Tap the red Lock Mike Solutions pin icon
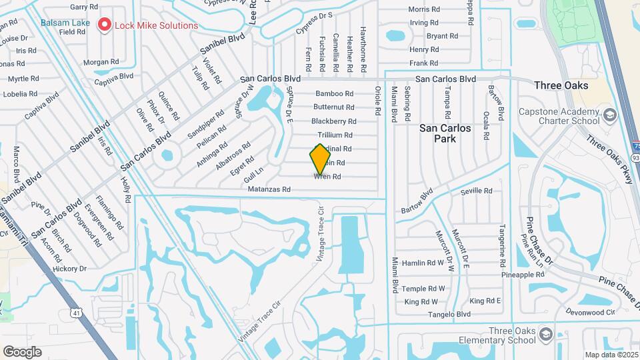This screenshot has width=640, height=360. (x=105, y=25)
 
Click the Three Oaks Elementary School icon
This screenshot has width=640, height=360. (x=545, y=333)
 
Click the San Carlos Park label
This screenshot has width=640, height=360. (x=445, y=133)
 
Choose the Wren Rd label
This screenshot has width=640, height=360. (x=327, y=177)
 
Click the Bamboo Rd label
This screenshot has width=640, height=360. (x=334, y=93)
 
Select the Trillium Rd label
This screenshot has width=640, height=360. (x=334, y=135)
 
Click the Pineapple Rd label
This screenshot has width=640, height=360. (x=523, y=275)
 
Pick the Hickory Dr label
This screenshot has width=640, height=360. (x=70, y=269)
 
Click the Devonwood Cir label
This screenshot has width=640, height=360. (x=590, y=312)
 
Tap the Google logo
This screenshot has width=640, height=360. (x=22, y=351)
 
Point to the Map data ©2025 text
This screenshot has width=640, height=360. (x=610, y=355)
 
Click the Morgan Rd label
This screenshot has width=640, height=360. (x=100, y=62)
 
